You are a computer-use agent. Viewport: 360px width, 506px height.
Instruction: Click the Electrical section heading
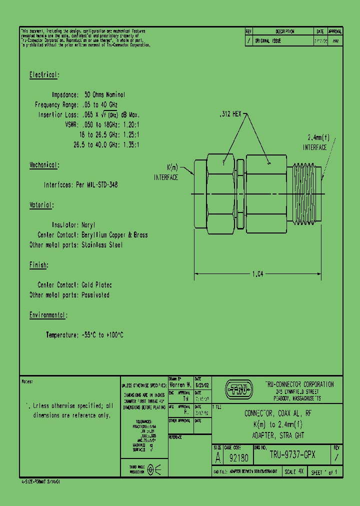pyautogui.click(x=44, y=75)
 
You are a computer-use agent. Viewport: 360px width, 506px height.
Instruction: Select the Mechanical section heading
pyautogui.click(x=44, y=165)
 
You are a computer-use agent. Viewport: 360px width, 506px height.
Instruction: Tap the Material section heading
pyautogui.click(x=41, y=205)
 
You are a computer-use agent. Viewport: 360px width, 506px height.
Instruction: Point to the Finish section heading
pyautogui.click(x=38, y=265)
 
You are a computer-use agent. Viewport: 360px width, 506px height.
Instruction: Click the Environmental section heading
pyautogui.click(x=48, y=315)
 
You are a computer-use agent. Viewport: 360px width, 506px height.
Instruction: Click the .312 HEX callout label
pyautogui.click(x=230, y=114)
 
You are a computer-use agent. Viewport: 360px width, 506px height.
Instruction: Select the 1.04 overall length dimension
pyautogui.click(x=258, y=273)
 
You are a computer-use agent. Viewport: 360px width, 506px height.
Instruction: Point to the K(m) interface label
pyautogui.click(x=166, y=172)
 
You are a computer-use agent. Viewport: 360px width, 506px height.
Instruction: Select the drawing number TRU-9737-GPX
pyautogui.click(x=292, y=455)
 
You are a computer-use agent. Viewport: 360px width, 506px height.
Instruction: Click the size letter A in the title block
pyautogui.click(x=217, y=457)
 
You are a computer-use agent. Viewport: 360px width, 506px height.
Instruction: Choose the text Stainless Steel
pyautogui.click(x=102, y=245)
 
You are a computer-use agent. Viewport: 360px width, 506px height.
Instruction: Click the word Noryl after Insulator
pyautogui.click(x=88, y=225)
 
